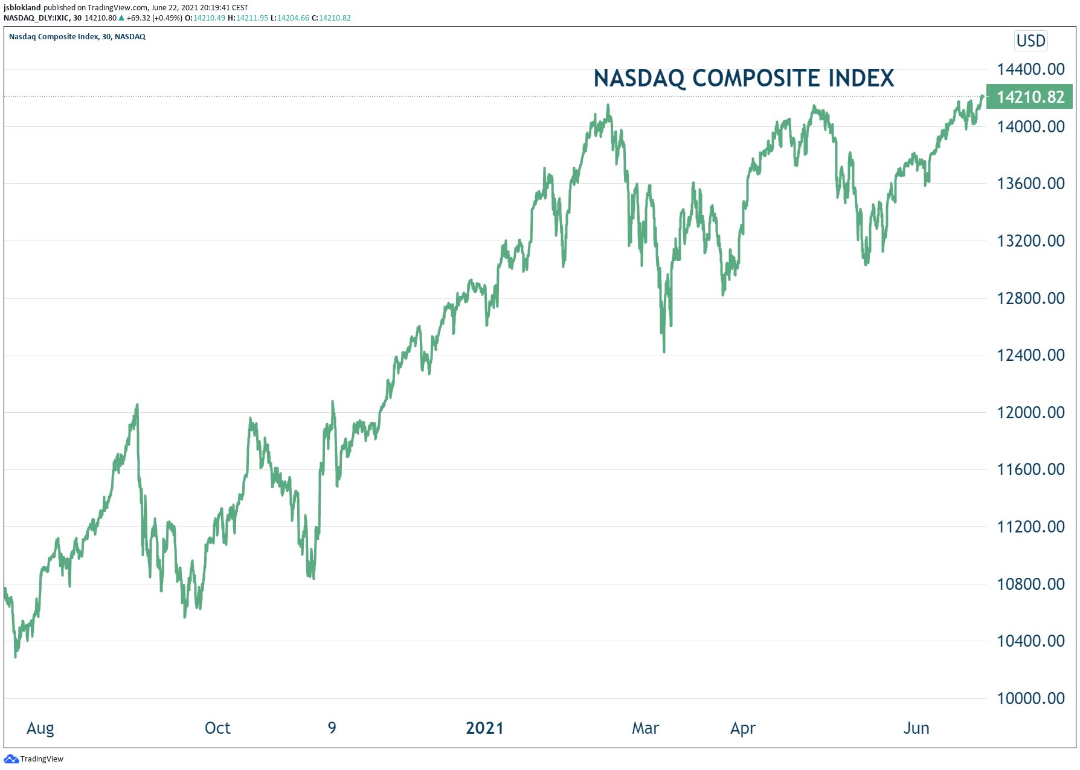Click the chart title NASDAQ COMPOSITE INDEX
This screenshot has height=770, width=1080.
[744, 78]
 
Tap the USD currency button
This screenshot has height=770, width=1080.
[1030, 40]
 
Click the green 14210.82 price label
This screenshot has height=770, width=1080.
[1029, 97]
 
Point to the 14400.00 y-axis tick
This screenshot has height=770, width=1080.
[1030, 69]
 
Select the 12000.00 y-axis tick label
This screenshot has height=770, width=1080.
[1030, 412]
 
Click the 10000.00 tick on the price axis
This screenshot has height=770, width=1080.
[1030, 698]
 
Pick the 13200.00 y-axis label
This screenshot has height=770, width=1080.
[1030, 241]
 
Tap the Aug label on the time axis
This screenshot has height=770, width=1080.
[40, 728]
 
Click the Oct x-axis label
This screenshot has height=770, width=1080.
[217, 728]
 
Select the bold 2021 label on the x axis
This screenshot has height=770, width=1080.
[484, 728]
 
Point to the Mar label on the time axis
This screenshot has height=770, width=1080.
[645, 728]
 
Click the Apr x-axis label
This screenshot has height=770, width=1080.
[742, 728]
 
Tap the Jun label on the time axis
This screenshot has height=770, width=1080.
[916, 728]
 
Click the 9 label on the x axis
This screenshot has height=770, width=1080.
[332, 728]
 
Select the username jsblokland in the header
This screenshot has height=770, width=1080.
[22, 8]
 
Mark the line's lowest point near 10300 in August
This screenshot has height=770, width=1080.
[15, 656]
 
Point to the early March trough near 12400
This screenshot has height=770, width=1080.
[664, 351]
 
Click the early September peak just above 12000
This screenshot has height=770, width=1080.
[138, 405]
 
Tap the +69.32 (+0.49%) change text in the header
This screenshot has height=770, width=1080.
[154, 18]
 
